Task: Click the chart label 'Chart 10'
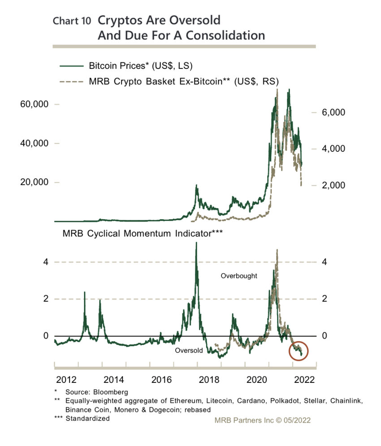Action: [x=72, y=21]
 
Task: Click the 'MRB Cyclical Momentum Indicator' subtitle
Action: [x=143, y=233]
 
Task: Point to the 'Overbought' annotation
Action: [x=239, y=276]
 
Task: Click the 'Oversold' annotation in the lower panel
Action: [x=189, y=351]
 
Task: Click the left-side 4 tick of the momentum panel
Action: [x=45, y=262]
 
